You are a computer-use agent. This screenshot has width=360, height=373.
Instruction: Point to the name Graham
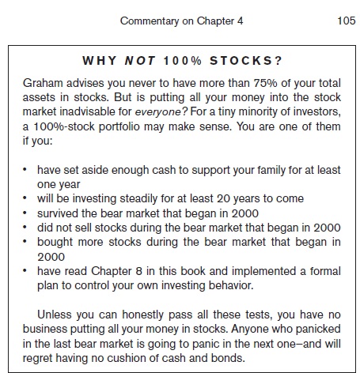tap(42, 83)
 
